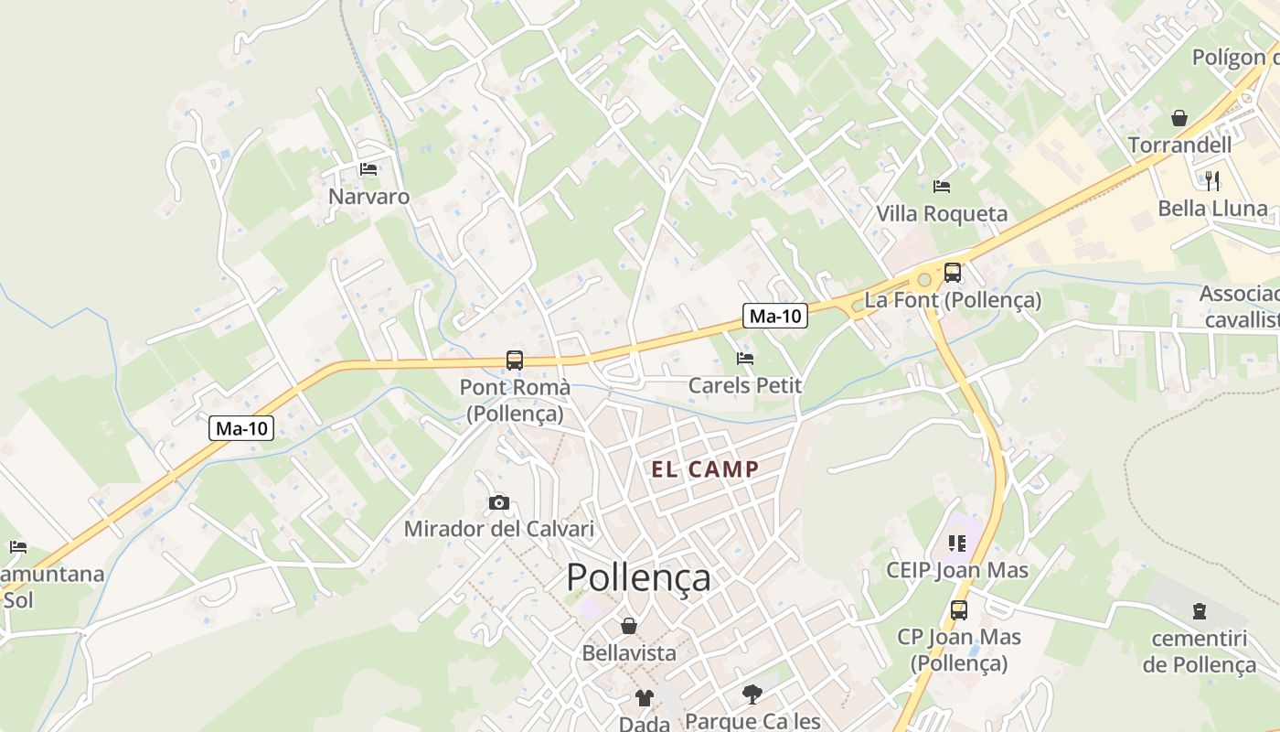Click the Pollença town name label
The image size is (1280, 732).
click(x=638, y=578)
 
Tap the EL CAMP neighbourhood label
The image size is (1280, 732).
click(x=705, y=470)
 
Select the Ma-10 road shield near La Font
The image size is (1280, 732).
click(x=774, y=317)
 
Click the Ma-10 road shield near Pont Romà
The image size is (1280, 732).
click(x=241, y=428)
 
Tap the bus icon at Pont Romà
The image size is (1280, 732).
click(x=515, y=361)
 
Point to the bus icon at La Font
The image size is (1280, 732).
click(x=953, y=272)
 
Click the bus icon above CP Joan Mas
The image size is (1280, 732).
click(x=958, y=609)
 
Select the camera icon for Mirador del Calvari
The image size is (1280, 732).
click(x=498, y=502)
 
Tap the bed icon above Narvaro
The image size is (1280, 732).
click(x=368, y=169)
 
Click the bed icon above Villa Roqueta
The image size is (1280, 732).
click(x=942, y=187)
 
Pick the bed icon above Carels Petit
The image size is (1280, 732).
click(x=745, y=359)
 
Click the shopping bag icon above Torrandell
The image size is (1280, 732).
click(x=1179, y=118)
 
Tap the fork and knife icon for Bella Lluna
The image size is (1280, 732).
click(x=1212, y=180)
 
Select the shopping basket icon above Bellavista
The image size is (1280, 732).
click(x=629, y=626)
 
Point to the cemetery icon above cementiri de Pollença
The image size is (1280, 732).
click(x=1200, y=611)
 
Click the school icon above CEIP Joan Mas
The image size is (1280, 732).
click(x=957, y=544)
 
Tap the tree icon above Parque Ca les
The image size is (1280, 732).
click(x=752, y=694)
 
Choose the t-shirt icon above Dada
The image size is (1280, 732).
click(x=645, y=698)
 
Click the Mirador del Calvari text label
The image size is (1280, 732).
click(x=499, y=529)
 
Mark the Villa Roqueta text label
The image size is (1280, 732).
click(x=942, y=214)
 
